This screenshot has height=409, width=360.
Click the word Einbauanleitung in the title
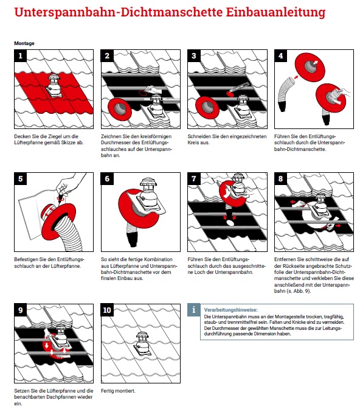coord(276,13)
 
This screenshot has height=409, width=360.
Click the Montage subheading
coord(24,43)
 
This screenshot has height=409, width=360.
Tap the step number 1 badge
coord(21,56)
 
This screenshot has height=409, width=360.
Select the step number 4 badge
coord(280,56)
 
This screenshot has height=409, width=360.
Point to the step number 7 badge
coord(194,179)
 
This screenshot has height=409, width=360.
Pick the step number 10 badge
coord(107,310)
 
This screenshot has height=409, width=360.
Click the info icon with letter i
coord(194,310)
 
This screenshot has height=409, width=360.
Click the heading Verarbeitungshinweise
coord(230,310)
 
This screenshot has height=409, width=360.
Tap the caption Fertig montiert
coord(118,391)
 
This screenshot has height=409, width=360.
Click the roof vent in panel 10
coord(142,343)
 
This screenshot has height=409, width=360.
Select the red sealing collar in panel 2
coord(119,109)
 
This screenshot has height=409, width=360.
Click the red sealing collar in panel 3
coord(207,108)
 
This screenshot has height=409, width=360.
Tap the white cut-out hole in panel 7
coord(230,223)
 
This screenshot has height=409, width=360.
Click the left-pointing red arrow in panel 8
coord(293,202)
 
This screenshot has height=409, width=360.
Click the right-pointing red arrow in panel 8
coord(338,225)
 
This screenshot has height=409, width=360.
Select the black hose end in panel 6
coord(133,238)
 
